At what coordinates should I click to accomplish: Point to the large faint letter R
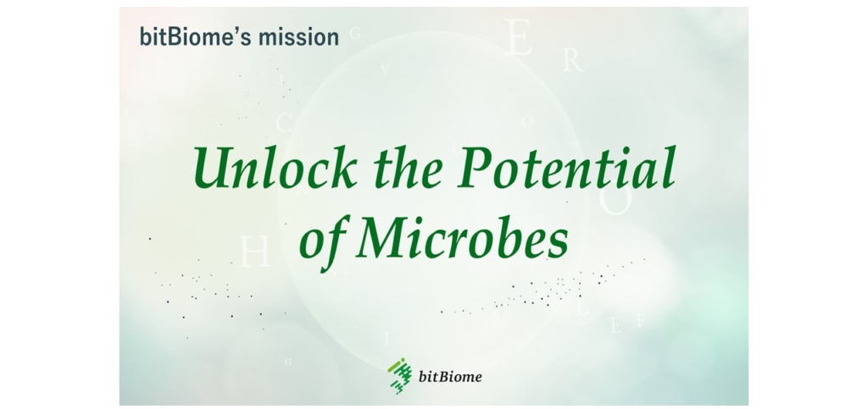573,61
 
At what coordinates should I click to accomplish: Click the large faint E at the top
519,39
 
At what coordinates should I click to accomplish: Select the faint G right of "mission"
355,35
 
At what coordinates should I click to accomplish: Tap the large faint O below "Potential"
615,201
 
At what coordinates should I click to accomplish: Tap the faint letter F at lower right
640,321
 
